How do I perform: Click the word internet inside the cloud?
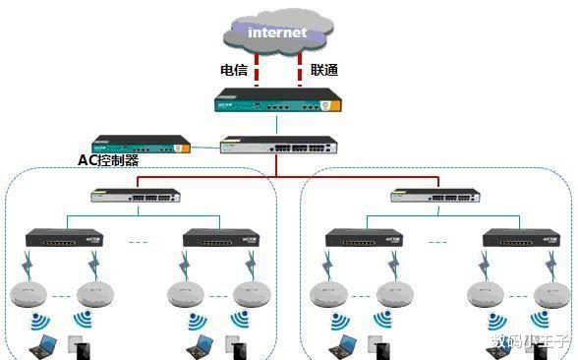pos(277,32)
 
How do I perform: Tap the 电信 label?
pos(233,70)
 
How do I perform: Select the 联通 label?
pos(323,70)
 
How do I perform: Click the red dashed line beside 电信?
pos(258,69)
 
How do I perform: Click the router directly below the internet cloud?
pos(277,101)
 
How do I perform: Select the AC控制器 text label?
pos(108,159)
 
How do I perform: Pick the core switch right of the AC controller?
pos(276,147)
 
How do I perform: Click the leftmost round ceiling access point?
pos(30,293)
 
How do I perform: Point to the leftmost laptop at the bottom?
pos(43,345)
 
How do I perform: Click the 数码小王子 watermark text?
pos(530,342)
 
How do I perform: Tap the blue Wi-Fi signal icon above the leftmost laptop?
pos(40,321)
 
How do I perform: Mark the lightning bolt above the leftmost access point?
pos(30,263)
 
